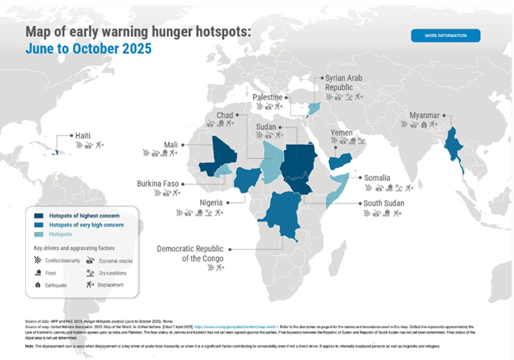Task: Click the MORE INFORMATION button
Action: point(445,36)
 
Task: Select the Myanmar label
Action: point(423,115)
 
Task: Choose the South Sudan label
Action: point(384,203)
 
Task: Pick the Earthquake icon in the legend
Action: point(38,283)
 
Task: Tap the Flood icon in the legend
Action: point(38,271)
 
